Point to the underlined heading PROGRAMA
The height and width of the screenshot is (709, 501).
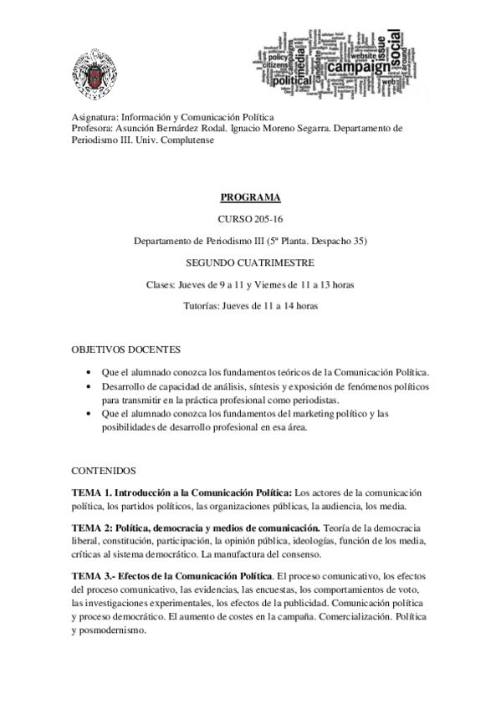coord(250,198)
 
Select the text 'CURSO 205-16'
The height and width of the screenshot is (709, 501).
coord(250,220)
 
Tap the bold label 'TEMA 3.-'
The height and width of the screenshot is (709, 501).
coord(94,576)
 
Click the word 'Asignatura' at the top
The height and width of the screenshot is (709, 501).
coord(94,118)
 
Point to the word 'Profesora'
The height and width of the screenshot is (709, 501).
coord(92,129)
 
